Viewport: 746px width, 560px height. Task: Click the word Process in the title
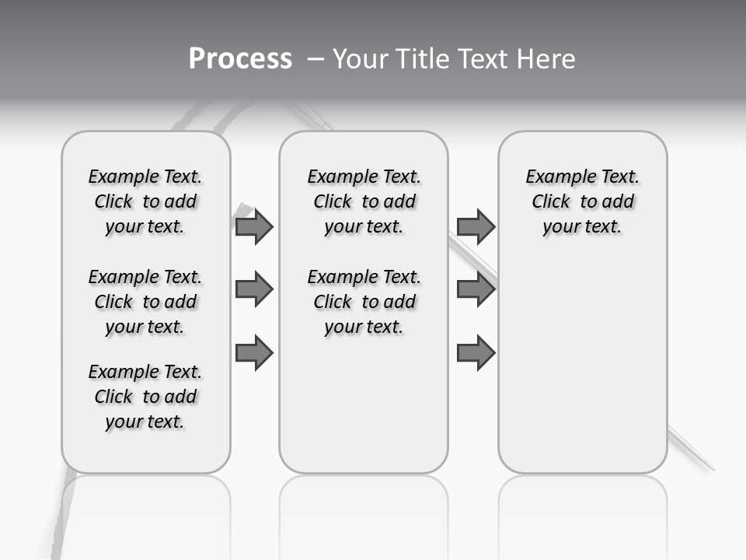[x=240, y=58]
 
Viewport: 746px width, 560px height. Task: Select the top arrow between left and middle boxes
[x=254, y=227]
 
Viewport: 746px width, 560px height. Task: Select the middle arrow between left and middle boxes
[x=254, y=290]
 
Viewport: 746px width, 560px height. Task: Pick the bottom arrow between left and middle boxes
[x=254, y=353]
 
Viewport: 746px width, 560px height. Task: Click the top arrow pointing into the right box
[x=476, y=227]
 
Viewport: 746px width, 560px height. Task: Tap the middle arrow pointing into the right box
[x=476, y=290]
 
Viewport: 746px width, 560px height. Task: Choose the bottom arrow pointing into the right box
[x=476, y=353]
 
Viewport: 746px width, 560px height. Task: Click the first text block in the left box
[x=145, y=201]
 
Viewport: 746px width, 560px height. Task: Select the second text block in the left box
[x=145, y=302]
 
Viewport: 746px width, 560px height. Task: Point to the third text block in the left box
[x=145, y=397]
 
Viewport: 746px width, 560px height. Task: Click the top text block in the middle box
[x=364, y=201]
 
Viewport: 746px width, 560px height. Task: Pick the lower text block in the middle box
[x=364, y=302]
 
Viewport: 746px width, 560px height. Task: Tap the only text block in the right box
[x=582, y=201]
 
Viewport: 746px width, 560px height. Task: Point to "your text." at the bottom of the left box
[x=145, y=422]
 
